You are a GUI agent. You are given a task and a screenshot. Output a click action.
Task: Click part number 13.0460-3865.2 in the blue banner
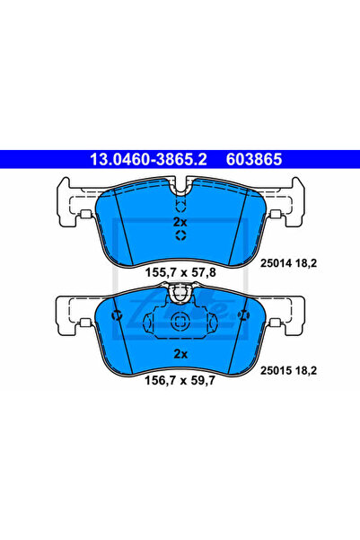(148, 159)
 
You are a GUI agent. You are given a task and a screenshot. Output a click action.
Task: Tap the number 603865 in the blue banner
(254, 159)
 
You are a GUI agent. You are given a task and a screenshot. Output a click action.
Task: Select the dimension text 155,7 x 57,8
(180, 273)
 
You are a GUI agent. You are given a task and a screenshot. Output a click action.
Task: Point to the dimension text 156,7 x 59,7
(180, 381)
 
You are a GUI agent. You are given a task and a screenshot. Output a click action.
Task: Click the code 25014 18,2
(288, 263)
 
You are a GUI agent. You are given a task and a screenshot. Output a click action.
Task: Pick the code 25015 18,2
(288, 371)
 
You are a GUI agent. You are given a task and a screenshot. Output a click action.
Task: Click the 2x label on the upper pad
(180, 222)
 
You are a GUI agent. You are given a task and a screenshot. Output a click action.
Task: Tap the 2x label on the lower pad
(180, 354)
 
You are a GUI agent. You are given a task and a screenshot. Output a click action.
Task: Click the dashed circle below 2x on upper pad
(180, 235)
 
